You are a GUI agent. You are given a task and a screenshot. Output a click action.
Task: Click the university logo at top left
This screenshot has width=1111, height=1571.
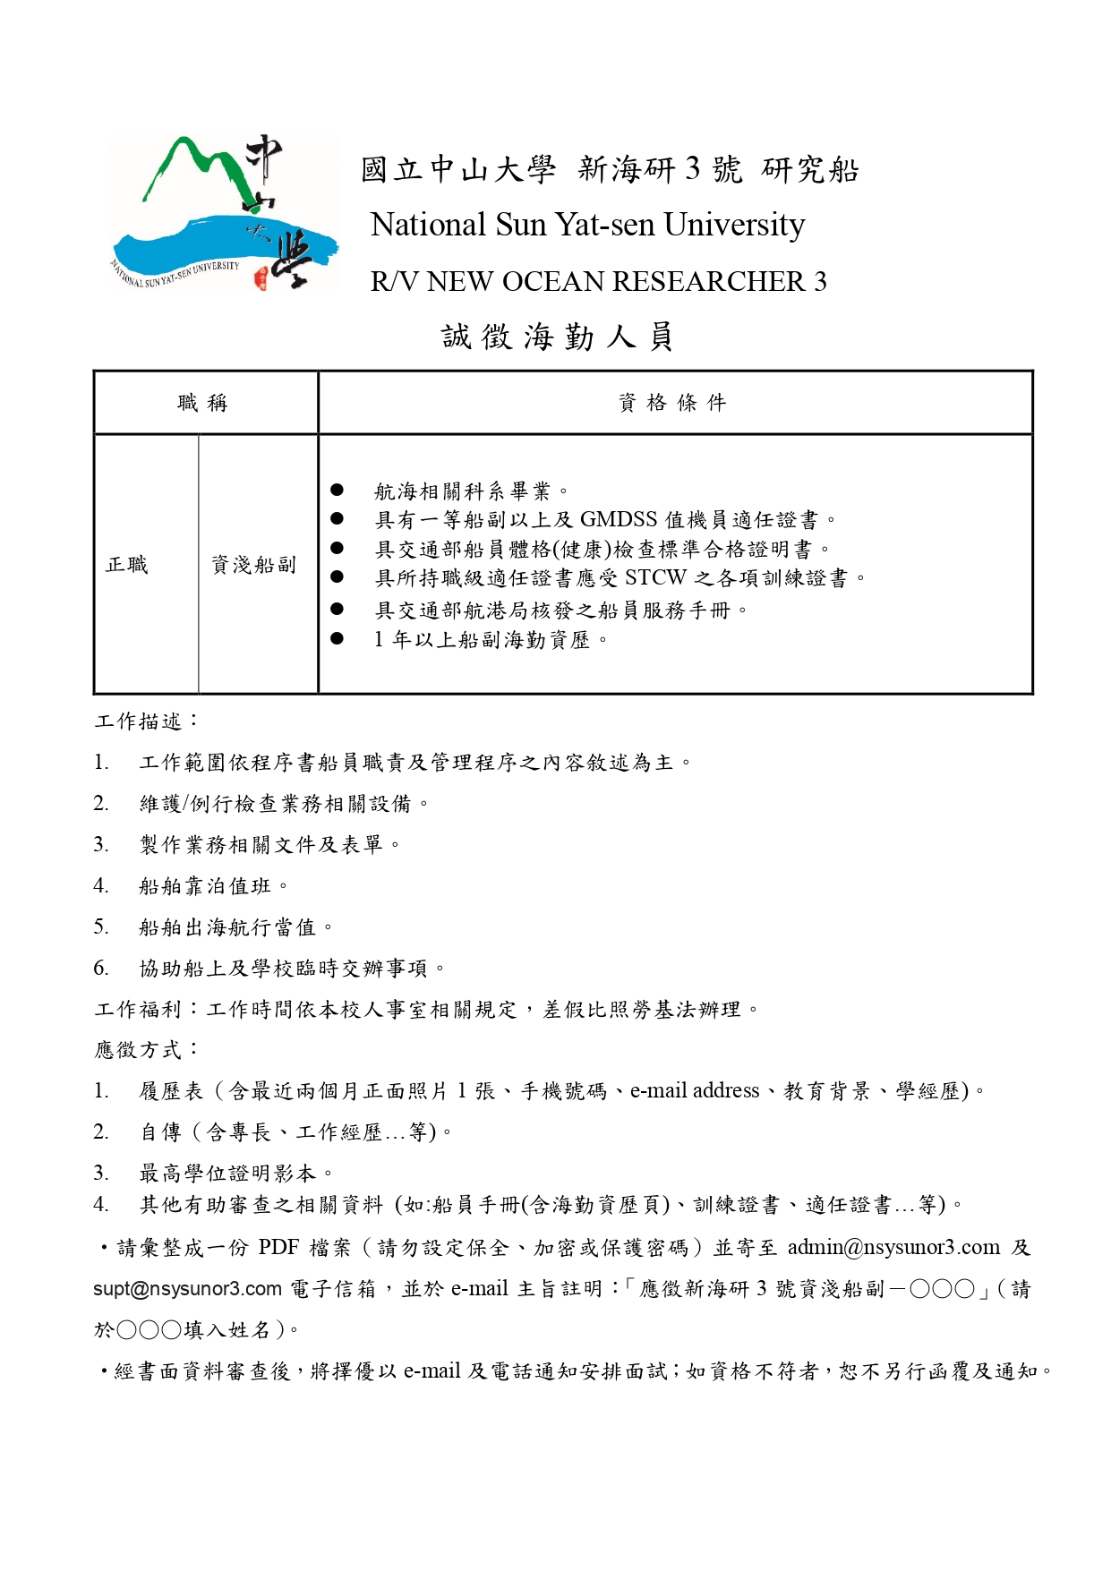pos(224,213)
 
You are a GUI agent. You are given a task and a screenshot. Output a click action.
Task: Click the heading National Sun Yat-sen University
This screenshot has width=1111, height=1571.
pos(587,225)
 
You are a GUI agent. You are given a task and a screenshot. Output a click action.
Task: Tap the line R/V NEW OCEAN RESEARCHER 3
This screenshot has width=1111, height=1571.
pos(598,282)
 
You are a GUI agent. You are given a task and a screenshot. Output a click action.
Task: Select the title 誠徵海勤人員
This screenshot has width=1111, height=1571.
pos(557,337)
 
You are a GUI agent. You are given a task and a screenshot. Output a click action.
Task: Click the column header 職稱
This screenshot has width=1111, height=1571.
pos(203,403)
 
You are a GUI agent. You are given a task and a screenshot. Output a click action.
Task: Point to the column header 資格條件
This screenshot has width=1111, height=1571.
pos(673,403)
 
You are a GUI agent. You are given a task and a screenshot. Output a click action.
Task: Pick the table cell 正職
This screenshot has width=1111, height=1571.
pos(127,565)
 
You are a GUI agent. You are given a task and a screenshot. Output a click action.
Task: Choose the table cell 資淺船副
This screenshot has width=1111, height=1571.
pos(253,565)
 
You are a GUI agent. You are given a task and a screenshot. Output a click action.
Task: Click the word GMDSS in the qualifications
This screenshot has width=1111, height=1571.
pos(619,520)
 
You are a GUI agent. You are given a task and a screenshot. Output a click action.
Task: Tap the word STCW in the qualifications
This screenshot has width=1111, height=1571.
pos(655,578)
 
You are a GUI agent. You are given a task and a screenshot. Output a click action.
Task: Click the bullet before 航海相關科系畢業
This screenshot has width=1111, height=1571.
pos(337,490)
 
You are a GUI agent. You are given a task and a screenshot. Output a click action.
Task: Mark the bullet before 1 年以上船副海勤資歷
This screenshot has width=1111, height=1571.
pos(337,638)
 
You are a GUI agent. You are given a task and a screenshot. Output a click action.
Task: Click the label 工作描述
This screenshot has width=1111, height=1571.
pos(139,721)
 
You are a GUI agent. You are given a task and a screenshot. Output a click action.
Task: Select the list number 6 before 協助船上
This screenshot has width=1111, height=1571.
pos(101,968)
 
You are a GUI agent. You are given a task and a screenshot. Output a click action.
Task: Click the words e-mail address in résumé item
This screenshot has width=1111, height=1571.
pos(695,1091)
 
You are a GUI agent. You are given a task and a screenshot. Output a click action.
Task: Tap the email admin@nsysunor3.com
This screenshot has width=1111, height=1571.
pos(893,1248)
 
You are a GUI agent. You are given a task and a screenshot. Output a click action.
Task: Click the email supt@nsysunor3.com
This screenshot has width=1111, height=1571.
pos(187,1289)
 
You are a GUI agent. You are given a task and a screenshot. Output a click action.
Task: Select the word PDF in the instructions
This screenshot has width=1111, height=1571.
pos(278,1248)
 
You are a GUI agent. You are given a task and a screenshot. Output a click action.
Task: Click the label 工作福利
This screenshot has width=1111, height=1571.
pos(139,1010)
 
